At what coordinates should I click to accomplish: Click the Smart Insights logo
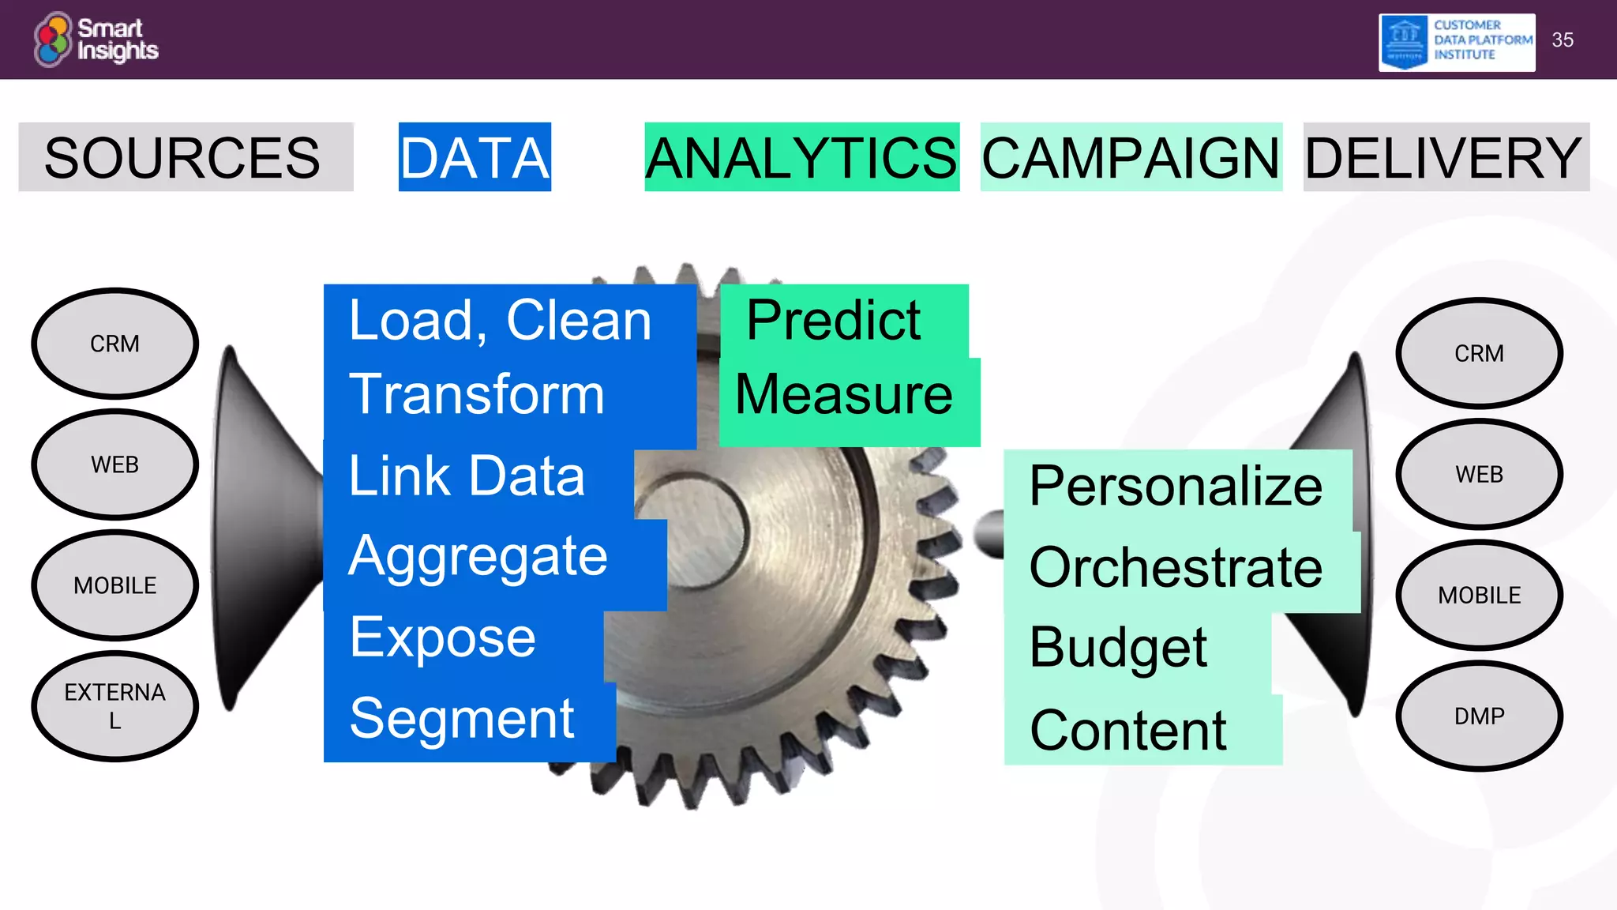pyautogui.click(x=96, y=39)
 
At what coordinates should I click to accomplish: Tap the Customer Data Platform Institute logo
pyautogui.click(x=1456, y=42)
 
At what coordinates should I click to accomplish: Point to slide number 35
pyautogui.click(x=1563, y=40)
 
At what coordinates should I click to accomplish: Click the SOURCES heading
pyautogui.click(x=183, y=157)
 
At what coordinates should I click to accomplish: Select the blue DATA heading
pyautogui.click(x=475, y=157)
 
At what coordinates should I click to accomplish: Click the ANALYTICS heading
pyautogui.click(x=801, y=157)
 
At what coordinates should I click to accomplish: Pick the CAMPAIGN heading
pyautogui.click(x=1131, y=157)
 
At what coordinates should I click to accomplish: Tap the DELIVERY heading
pyautogui.click(x=1444, y=157)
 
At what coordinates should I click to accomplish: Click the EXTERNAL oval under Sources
pyautogui.click(x=115, y=706)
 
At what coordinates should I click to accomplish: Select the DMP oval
pyautogui.click(x=1479, y=716)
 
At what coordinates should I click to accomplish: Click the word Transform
pyautogui.click(x=477, y=394)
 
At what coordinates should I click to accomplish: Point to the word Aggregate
pyautogui.click(x=478, y=557)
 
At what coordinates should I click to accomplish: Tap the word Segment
pyautogui.click(x=462, y=719)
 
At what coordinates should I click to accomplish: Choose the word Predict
pyautogui.click(x=834, y=321)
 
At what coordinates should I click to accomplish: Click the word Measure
pyautogui.click(x=844, y=394)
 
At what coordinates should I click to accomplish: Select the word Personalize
pyautogui.click(x=1176, y=486)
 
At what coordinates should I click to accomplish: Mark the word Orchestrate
pyautogui.click(x=1176, y=567)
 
